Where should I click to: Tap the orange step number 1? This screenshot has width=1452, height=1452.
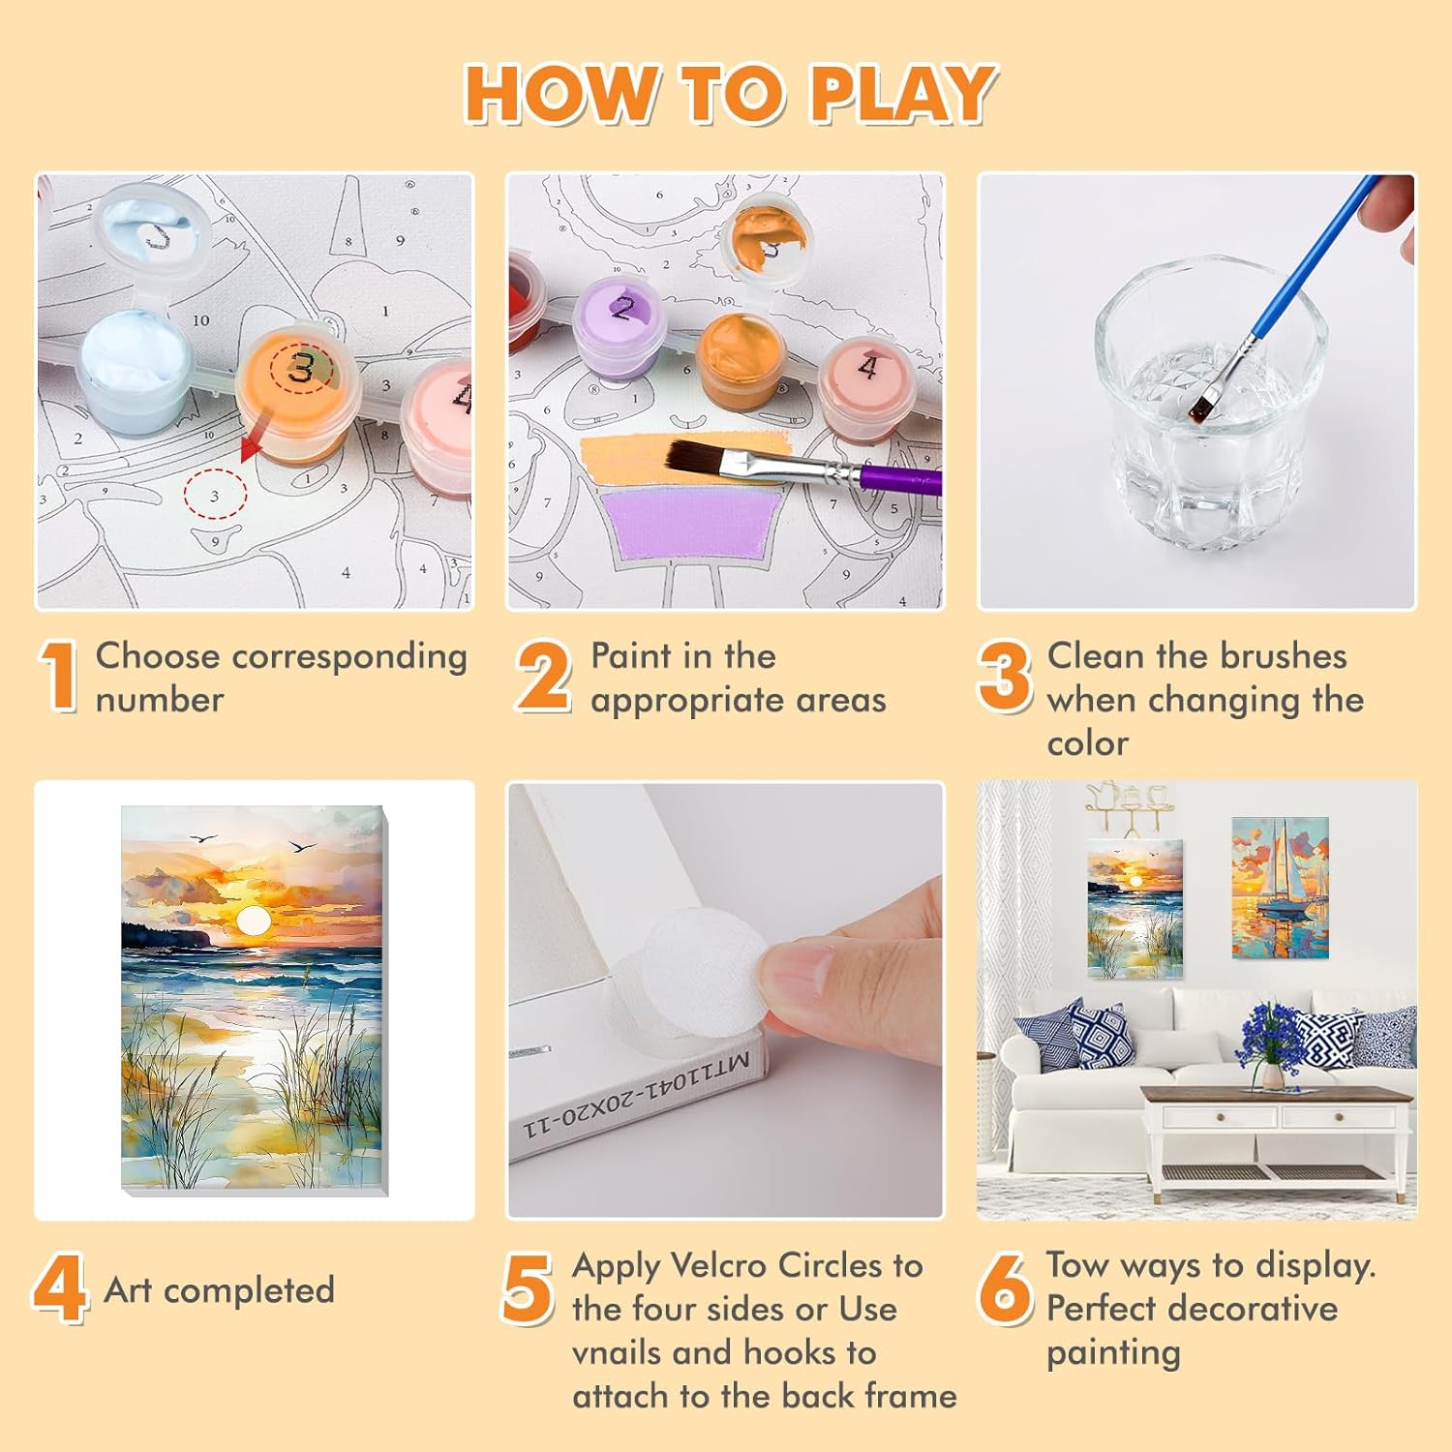click(59, 677)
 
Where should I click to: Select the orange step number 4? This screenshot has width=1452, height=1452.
click(60, 1288)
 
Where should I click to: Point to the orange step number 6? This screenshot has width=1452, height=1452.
click(1005, 1288)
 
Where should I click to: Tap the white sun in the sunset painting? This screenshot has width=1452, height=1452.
click(254, 921)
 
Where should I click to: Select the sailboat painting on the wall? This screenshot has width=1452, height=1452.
click(1280, 888)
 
